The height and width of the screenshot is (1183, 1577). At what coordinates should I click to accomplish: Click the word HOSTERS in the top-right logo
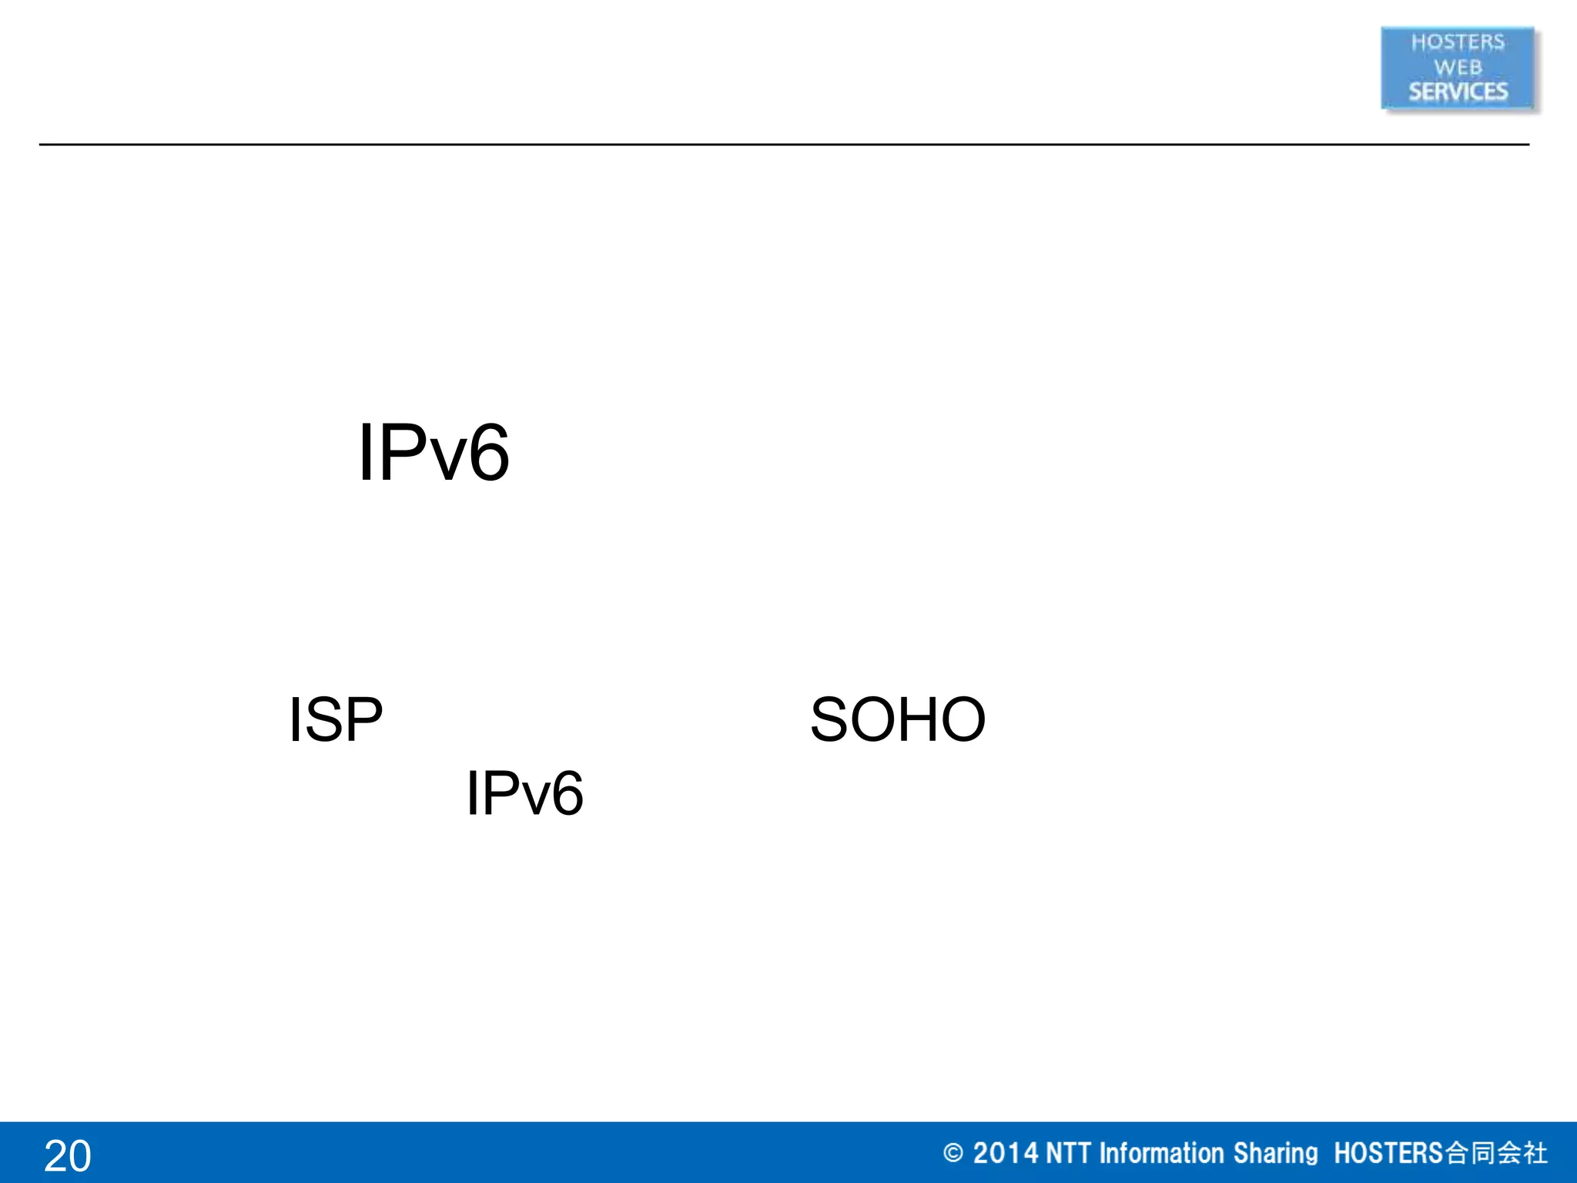tap(1457, 42)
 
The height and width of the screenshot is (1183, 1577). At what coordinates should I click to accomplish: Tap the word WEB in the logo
tap(1457, 68)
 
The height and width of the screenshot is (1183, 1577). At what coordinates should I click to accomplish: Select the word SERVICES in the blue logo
tap(1458, 92)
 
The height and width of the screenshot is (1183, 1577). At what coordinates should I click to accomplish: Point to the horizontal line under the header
tap(784, 144)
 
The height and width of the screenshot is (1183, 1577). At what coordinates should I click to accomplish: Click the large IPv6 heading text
tap(434, 454)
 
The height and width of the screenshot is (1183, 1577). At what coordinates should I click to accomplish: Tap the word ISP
tap(335, 720)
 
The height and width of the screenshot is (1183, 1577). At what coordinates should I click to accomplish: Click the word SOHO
tap(897, 720)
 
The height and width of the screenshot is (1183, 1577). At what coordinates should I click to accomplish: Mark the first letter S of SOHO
tap(829, 720)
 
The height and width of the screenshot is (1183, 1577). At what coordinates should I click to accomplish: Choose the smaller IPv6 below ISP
tap(524, 793)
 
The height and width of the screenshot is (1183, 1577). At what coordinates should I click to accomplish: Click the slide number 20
tap(68, 1156)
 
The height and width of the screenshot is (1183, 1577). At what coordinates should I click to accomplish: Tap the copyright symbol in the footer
tap(953, 1153)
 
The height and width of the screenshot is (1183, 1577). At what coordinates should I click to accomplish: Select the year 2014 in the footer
tap(1006, 1153)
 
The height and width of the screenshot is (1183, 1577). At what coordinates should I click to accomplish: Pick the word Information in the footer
tap(1161, 1153)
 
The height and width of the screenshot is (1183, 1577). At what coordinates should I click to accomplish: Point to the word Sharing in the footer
tap(1275, 1153)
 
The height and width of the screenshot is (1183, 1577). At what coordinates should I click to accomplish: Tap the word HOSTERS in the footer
tap(1388, 1153)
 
